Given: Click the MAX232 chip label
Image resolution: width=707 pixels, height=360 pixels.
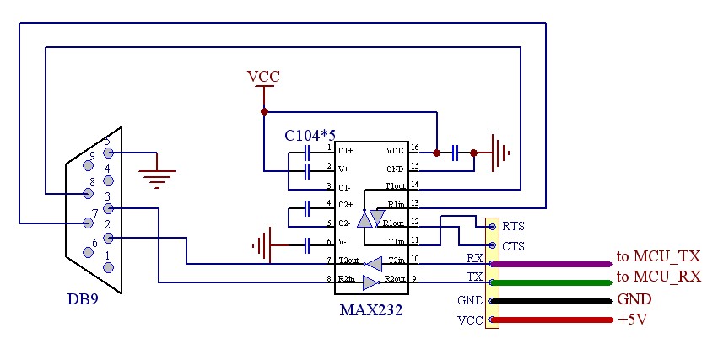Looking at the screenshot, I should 370,309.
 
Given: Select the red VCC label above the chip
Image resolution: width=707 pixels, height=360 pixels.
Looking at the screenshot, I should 263,77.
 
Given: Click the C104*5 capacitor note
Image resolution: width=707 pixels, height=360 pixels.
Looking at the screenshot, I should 310,135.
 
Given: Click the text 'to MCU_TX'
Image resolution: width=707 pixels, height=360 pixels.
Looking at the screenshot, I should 658,256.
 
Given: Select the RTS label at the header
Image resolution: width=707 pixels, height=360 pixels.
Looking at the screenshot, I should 513,228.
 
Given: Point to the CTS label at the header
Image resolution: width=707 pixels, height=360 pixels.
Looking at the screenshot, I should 513,246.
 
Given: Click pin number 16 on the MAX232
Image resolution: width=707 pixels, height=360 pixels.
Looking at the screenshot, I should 414,148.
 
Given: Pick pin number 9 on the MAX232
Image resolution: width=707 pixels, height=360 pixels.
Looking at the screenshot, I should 414,279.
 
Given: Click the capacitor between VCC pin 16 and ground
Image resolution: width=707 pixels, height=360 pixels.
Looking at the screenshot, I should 456,153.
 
